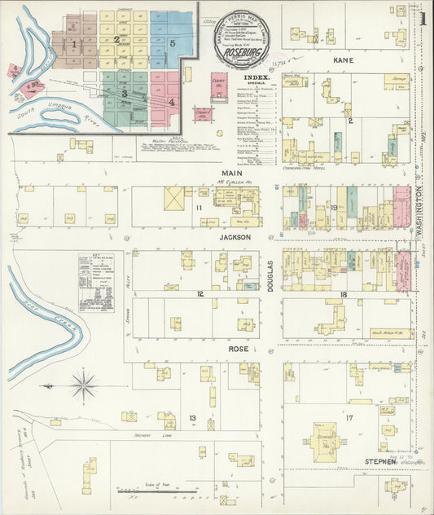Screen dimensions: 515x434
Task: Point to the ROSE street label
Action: (237, 349)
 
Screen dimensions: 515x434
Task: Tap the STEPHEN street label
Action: (380, 462)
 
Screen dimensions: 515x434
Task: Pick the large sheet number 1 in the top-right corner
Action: (423, 16)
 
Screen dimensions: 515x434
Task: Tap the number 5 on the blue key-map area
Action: (172, 42)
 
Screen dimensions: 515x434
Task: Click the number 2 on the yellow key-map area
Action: (117, 38)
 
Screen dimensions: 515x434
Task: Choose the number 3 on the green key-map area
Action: (125, 94)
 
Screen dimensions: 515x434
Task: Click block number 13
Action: (192, 418)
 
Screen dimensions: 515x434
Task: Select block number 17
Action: (349, 418)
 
